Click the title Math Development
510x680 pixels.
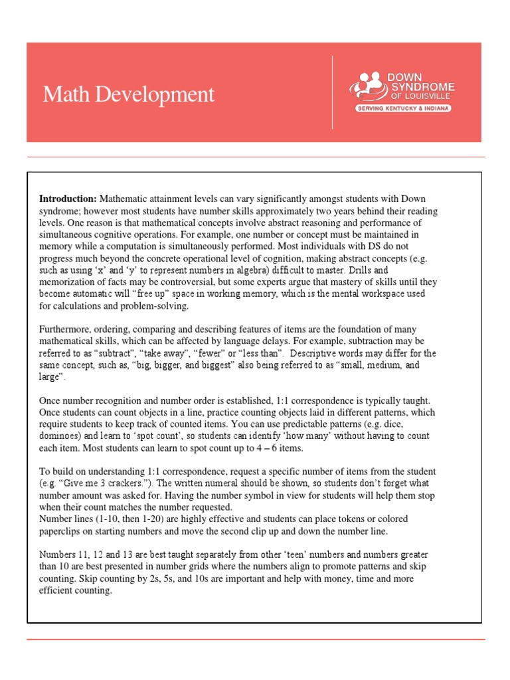pyautogui.click(x=129, y=94)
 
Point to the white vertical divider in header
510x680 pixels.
pyautogui.click(x=333, y=92)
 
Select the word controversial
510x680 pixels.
pyautogui.click(x=188, y=282)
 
